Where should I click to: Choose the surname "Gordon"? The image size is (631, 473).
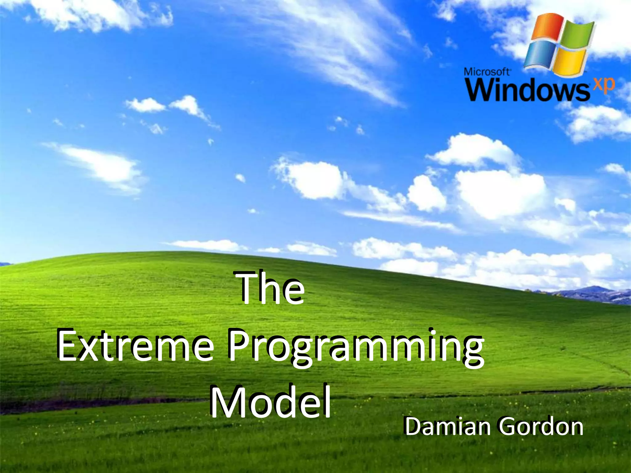(x=541, y=427)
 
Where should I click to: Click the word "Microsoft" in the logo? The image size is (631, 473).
(x=487, y=72)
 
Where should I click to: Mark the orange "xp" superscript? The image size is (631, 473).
(x=604, y=85)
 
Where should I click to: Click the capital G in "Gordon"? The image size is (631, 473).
(x=508, y=427)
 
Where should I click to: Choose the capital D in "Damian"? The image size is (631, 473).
(x=413, y=427)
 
